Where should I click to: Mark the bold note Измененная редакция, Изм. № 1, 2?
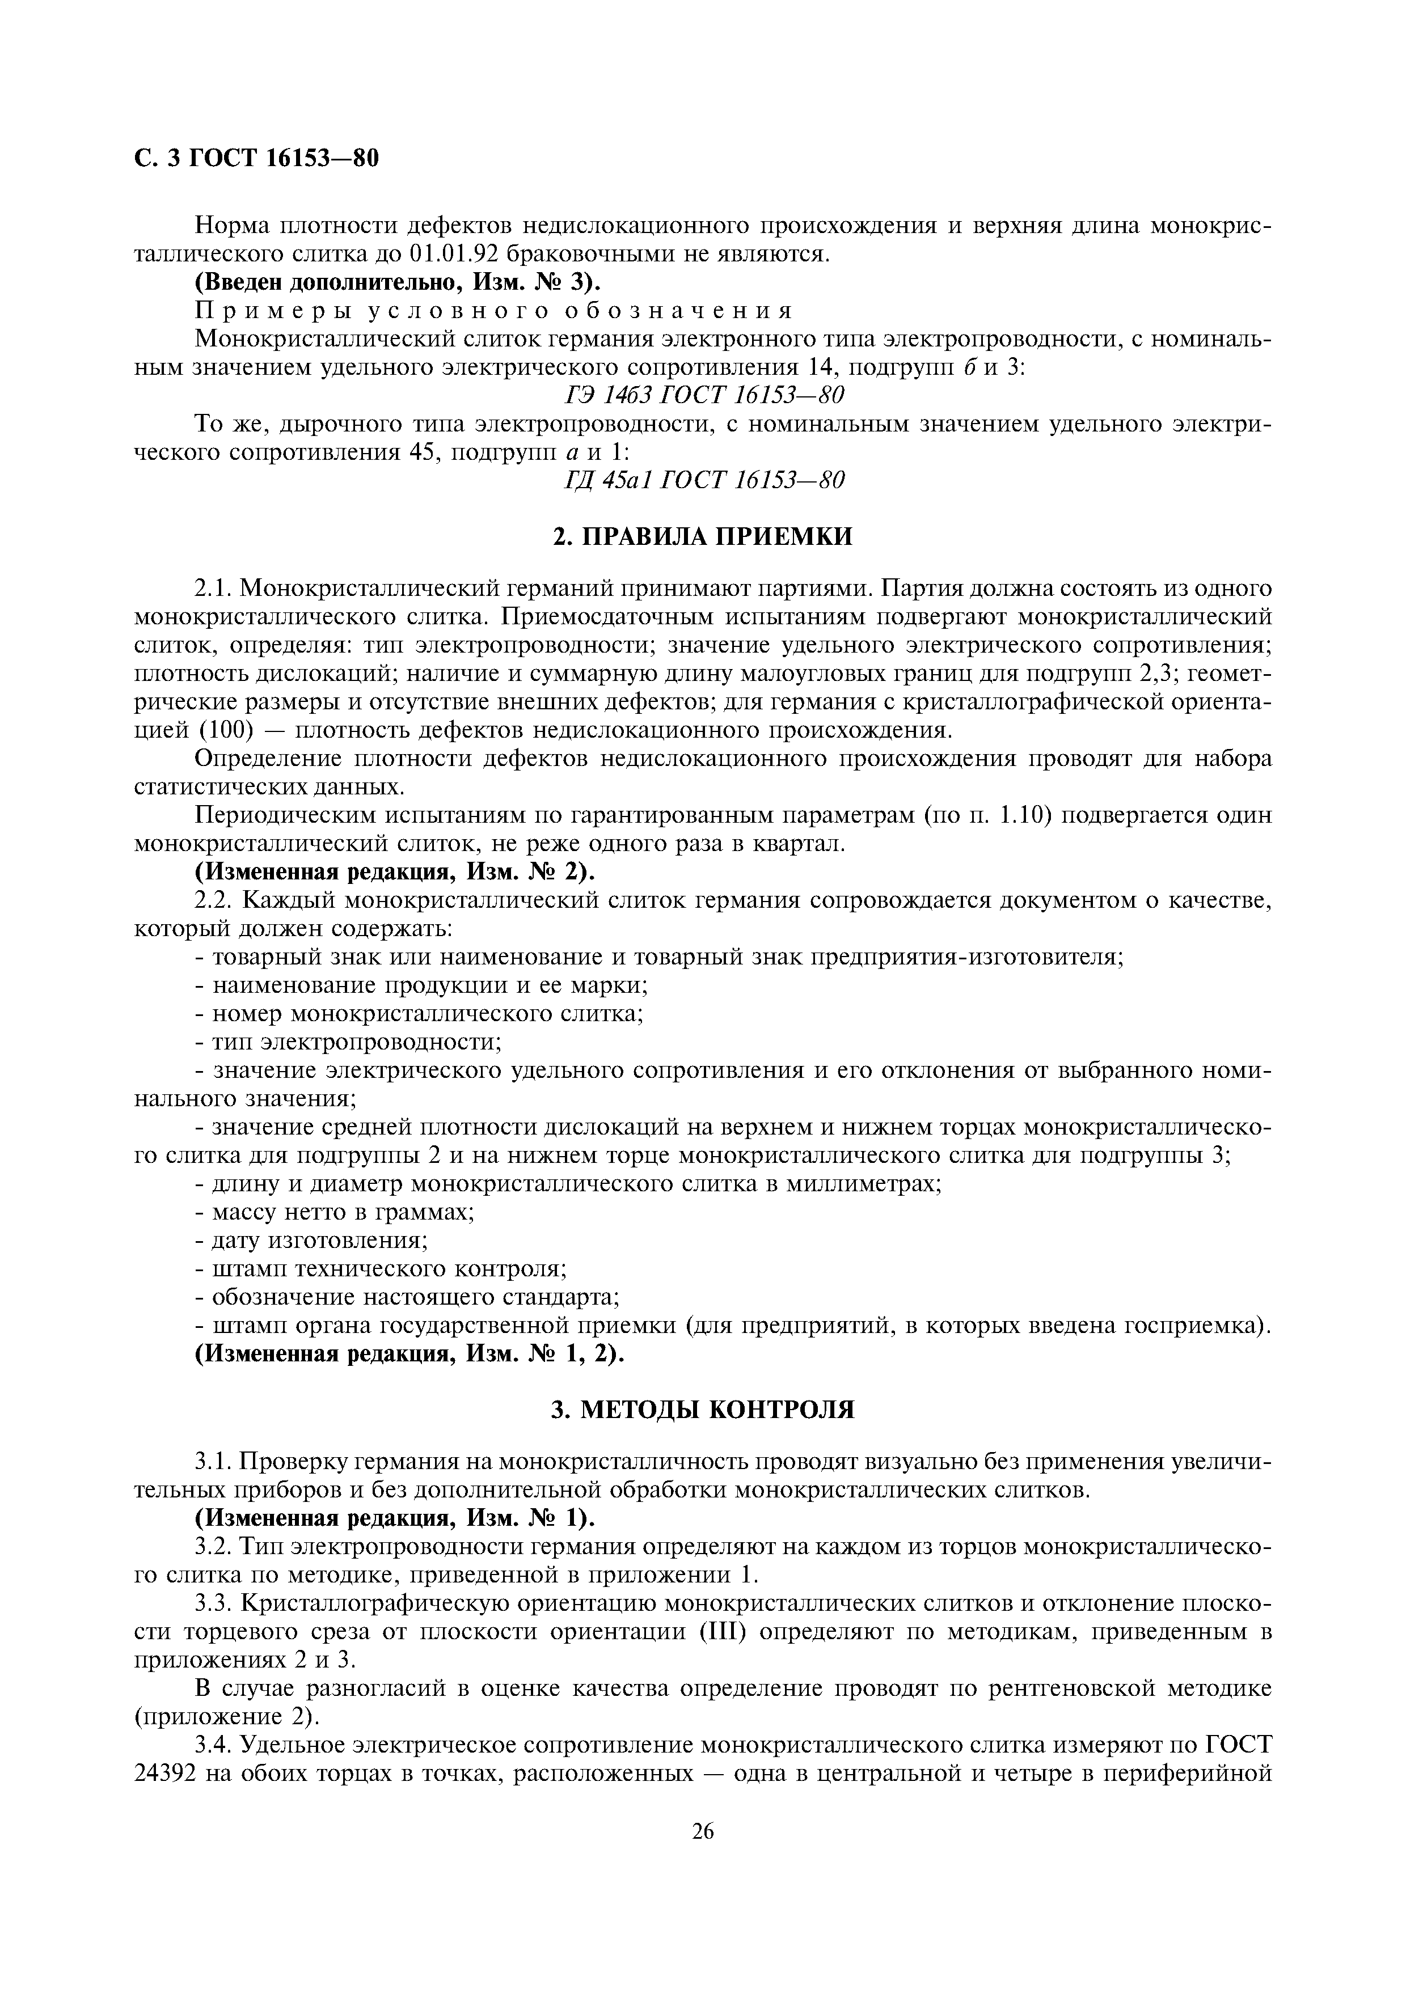pyautogui.click(x=409, y=1354)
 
